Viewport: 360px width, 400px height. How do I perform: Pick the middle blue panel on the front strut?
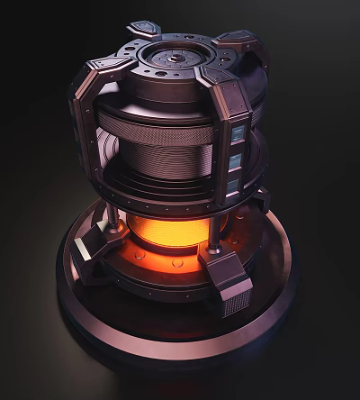coord(235,161)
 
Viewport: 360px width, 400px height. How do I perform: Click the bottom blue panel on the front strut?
coord(232,186)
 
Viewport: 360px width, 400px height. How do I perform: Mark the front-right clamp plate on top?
coord(221,79)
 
